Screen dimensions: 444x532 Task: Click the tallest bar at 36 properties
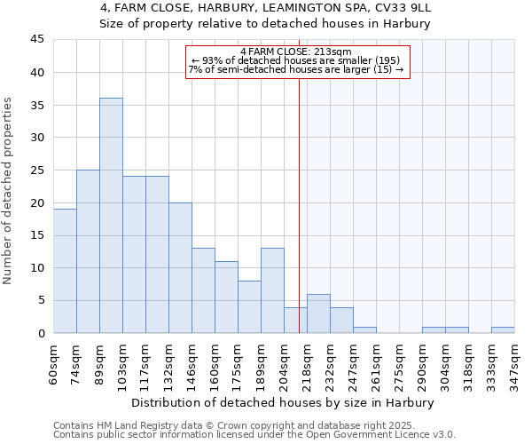tap(111, 216)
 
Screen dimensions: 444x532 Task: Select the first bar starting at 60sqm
tap(65, 271)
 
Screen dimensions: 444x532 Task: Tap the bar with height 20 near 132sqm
tap(180, 267)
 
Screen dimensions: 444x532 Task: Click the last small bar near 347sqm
tap(503, 330)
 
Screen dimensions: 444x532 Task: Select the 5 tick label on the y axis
tap(41, 301)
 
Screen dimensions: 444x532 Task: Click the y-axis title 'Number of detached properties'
tap(8, 190)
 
